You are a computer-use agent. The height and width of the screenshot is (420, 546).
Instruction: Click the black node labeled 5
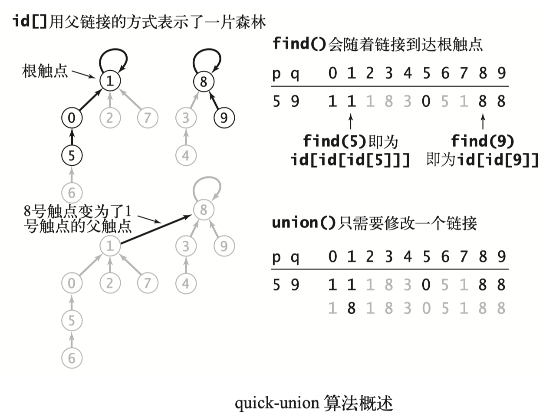(x=72, y=155)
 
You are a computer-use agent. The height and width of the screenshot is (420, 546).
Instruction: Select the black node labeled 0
(x=72, y=118)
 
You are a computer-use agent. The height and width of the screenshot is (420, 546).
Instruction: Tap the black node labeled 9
(x=224, y=118)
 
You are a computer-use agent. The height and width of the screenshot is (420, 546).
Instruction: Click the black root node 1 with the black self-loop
(x=110, y=81)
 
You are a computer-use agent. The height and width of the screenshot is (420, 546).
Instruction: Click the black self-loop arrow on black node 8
(x=207, y=61)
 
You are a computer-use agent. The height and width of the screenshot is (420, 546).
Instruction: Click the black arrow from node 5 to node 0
(x=72, y=136)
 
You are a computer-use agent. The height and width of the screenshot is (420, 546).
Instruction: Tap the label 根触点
(x=45, y=71)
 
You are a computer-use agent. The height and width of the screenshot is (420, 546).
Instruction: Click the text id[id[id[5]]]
(x=350, y=160)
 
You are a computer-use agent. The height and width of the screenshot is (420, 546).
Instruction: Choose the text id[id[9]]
(x=497, y=160)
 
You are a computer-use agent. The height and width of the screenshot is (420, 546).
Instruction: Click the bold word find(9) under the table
(x=482, y=141)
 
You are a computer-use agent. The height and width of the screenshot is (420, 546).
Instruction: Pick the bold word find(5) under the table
(x=335, y=141)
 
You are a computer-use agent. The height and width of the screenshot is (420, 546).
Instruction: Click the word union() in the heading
(x=303, y=223)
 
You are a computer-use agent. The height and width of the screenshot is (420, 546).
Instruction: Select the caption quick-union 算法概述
(x=314, y=403)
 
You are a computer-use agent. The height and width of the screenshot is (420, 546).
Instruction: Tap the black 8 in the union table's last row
(x=351, y=308)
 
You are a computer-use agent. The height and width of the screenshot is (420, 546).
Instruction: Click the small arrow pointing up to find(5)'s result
(x=351, y=121)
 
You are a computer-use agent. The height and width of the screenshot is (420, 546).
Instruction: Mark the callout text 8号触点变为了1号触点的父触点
(x=77, y=219)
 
